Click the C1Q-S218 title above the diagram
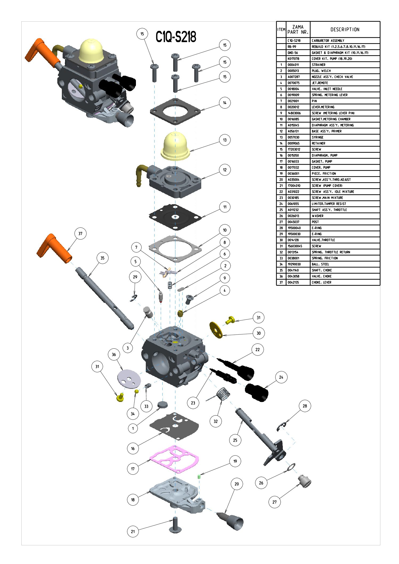click(x=176, y=37)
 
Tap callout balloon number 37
click(x=80, y=233)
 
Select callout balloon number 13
click(x=225, y=140)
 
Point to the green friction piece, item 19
click(x=199, y=477)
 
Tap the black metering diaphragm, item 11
click(x=175, y=217)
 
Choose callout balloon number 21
click(x=133, y=531)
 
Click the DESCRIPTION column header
click(x=345, y=30)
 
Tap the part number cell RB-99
click(x=292, y=47)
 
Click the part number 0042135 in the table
click(x=293, y=282)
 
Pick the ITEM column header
click(x=281, y=30)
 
